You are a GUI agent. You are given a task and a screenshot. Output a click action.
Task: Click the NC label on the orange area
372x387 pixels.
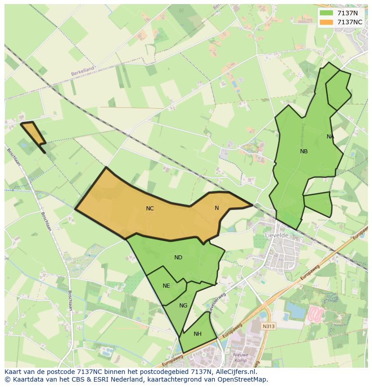pos(150,209)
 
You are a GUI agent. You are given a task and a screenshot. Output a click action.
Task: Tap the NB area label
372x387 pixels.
pos(304,151)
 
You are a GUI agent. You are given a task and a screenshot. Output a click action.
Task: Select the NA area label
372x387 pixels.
pos(330,137)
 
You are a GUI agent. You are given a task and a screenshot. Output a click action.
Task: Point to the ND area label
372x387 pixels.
pos(178,258)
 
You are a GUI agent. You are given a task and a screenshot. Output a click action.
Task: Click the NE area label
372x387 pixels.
pos(166,286)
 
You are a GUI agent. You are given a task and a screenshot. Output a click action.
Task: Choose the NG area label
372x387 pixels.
pos(183,306)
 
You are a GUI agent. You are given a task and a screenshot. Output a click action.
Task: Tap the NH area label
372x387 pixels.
pos(198,334)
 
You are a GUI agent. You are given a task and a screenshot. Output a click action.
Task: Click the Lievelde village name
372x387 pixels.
pos(277,235)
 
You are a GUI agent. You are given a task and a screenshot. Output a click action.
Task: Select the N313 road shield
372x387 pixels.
pos(269,326)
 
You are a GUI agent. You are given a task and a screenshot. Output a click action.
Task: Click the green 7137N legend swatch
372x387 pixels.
pos(327,13)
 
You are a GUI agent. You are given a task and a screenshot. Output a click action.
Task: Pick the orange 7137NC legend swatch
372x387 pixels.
pos(327,22)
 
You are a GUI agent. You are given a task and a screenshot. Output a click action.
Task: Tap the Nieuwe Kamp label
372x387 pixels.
pos(240,358)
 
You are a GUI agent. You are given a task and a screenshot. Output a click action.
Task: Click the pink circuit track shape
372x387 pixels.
pos(316,313)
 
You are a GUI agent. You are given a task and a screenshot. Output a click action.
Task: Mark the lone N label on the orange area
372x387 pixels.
pos(217,208)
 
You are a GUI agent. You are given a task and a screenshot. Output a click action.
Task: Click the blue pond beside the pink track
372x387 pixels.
pos(294,310)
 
